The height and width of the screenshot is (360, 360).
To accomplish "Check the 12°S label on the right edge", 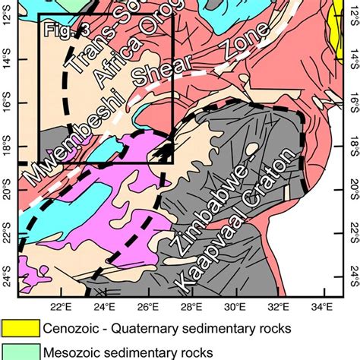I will [x=351, y=17].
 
